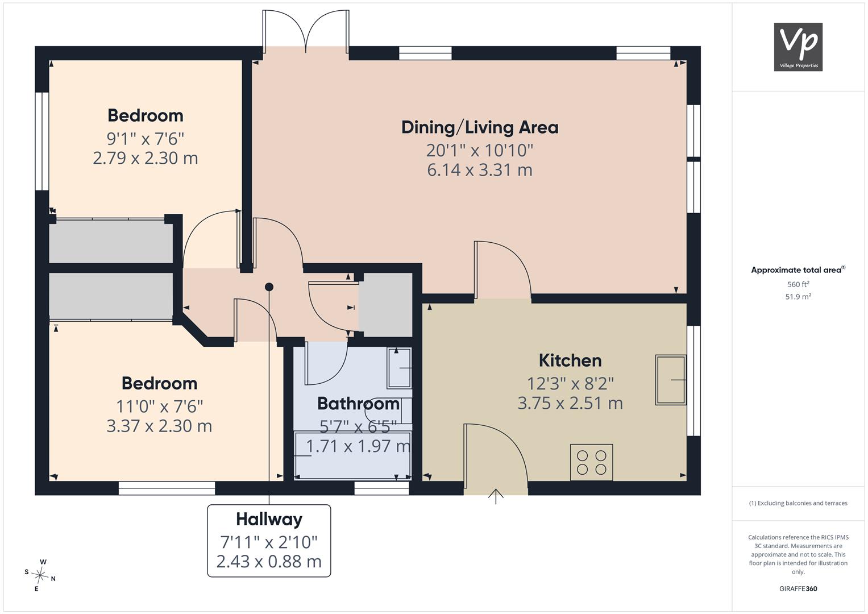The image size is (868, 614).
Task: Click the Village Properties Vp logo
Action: click(798, 47)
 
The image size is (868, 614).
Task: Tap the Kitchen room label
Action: click(570, 360)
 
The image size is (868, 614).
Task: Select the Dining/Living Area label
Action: click(480, 127)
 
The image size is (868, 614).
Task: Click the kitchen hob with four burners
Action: click(591, 462)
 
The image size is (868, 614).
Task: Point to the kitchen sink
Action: click(671, 380)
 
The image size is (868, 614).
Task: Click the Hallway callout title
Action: click(269, 520)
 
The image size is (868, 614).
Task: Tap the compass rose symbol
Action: click(40, 575)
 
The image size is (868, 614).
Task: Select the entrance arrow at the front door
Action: click(496, 496)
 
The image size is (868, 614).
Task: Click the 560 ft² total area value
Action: click(798, 284)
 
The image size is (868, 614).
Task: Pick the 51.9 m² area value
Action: click(798, 297)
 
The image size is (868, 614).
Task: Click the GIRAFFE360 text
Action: click(798, 589)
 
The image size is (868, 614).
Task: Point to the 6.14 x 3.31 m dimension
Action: click(480, 170)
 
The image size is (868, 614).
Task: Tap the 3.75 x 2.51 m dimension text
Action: click(570, 403)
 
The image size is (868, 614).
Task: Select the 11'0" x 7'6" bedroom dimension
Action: click(159, 406)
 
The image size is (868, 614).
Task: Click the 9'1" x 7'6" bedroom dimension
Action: click(146, 138)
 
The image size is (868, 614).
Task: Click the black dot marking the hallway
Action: click(269, 287)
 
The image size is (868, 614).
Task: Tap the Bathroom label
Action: click(359, 404)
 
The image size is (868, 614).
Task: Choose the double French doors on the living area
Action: click(306, 31)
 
